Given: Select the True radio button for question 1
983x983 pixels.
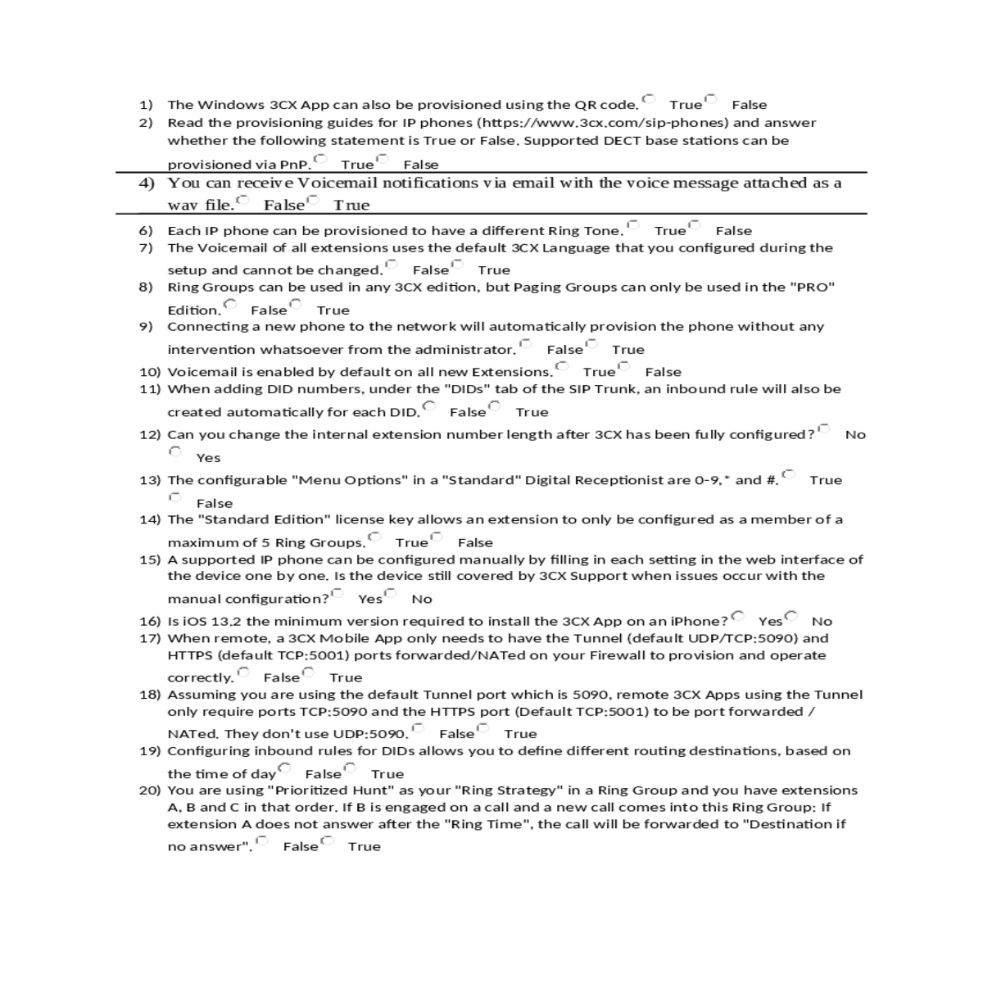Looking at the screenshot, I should pyautogui.click(x=649, y=99).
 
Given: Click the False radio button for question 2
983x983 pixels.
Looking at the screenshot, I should pyautogui.click(x=382, y=159).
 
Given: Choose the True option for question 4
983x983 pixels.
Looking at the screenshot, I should pyautogui.click(x=312, y=200).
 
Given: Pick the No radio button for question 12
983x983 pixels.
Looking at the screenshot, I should pyautogui.click(x=824, y=429).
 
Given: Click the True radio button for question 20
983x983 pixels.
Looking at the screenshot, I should pyautogui.click(x=327, y=841).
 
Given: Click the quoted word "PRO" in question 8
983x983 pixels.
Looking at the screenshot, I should pyautogui.click(x=812, y=288).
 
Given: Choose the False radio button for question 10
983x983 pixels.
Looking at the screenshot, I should pyautogui.click(x=624, y=366).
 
